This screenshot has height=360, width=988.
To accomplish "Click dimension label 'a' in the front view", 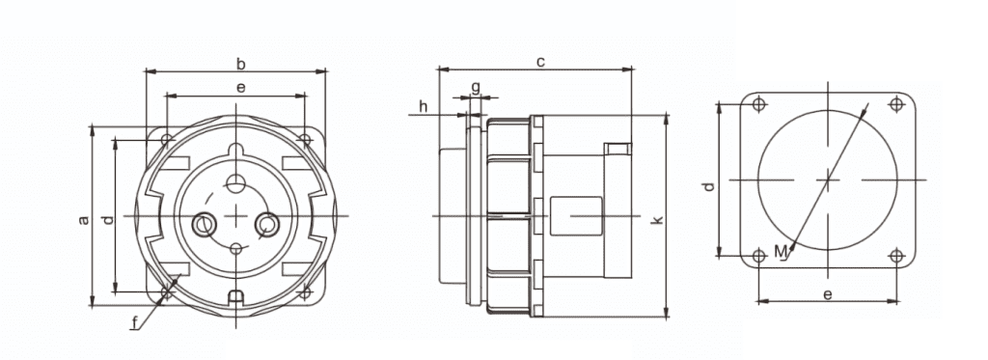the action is click(x=83, y=219).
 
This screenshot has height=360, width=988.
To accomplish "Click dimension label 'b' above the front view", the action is click(x=240, y=64).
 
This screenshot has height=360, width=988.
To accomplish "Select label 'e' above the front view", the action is click(x=240, y=88).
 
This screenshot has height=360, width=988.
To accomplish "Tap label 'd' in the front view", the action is click(x=108, y=219).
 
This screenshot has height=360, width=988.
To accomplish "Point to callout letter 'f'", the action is click(x=135, y=323).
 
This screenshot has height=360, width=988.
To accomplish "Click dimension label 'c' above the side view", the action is click(x=540, y=62).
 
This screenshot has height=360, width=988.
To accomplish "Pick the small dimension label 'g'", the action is click(x=476, y=87).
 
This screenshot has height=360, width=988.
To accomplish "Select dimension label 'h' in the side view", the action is click(x=423, y=105).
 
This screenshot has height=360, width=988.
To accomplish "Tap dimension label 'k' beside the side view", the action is click(x=657, y=219).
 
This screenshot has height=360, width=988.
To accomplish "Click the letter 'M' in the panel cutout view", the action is click(x=782, y=252).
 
